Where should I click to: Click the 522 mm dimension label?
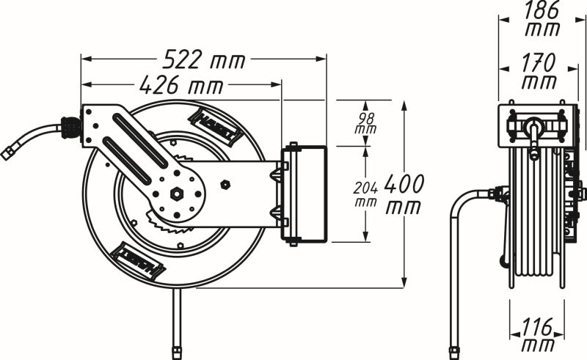(204, 59)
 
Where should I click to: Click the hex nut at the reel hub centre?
(177, 194)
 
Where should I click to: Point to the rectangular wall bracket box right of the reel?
(304, 194)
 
